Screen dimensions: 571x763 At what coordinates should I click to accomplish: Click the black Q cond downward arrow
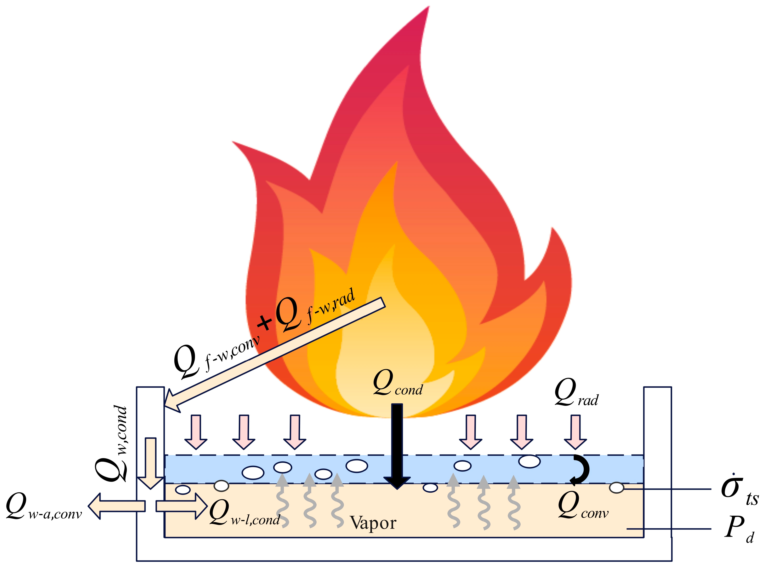(397, 445)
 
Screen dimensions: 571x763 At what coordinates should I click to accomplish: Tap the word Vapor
(373, 523)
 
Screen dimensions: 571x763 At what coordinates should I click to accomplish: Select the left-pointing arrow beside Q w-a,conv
(116, 506)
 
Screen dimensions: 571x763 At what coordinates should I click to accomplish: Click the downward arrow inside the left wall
(150, 463)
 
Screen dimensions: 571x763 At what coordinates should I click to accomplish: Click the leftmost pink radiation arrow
(196, 431)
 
